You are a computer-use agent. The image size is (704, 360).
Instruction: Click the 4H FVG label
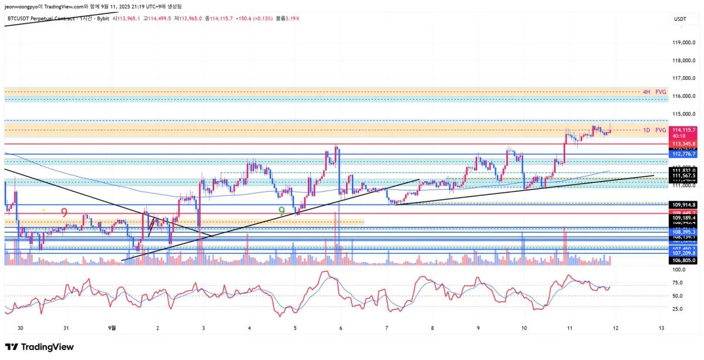pyautogui.click(x=655, y=92)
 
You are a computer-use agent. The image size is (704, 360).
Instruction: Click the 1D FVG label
pyautogui.click(x=655, y=130)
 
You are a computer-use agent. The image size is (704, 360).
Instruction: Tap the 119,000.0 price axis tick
pyautogui.click(x=683, y=43)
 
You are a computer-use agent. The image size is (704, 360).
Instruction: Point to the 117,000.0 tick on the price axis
pyautogui.click(x=683, y=78)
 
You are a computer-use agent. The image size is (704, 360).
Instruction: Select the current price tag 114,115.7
pyautogui.click(x=683, y=130)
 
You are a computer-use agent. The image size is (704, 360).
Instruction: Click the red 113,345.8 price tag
pyautogui.click(x=683, y=144)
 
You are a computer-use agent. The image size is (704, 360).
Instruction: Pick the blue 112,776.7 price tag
pyautogui.click(x=683, y=154)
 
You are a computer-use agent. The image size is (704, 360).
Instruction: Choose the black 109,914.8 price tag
pyautogui.click(x=683, y=204)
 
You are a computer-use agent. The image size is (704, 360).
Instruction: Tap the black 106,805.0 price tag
pyautogui.click(x=683, y=260)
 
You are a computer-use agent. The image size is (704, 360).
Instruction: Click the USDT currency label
pyautogui.click(x=681, y=19)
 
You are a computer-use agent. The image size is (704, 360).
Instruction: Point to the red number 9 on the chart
pyautogui.click(x=64, y=212)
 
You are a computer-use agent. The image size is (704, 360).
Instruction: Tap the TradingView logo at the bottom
pyautogui.click(x=39, y=347)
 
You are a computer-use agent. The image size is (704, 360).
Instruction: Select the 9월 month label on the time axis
pyautogui.click(x=113, y=328)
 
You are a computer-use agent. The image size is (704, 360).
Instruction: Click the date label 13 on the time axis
pyautogui.click(x=661, y=328)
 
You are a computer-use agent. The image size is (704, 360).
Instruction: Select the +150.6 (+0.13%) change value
pyautogui.click(x=253, y=19)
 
